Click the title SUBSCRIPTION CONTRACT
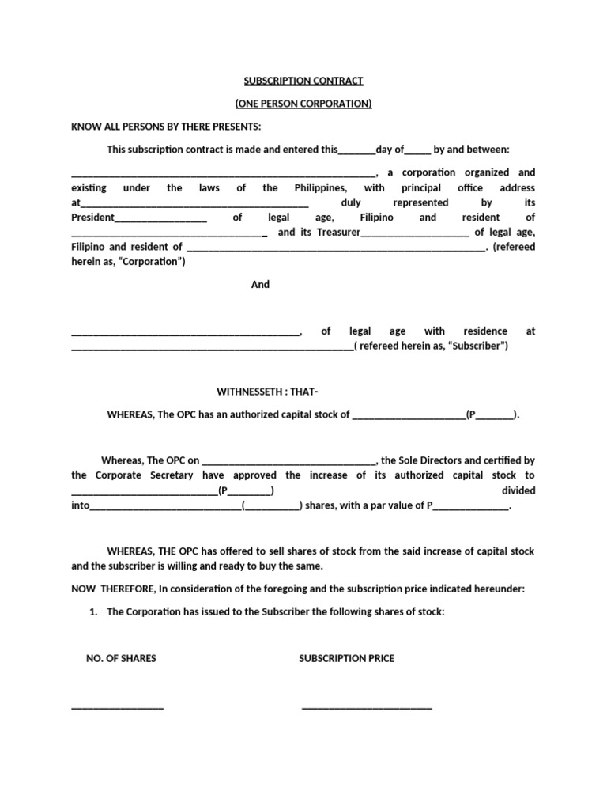point(303,81)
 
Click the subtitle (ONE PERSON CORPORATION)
point(303,104)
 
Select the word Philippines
point(320,187)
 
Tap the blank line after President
point(161,218)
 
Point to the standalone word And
point(260,284)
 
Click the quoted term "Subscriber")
point(477,346)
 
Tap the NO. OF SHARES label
point(121,658)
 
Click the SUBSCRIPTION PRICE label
point(346,658)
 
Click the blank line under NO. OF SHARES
point(118,706)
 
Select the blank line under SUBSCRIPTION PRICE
point(367,706)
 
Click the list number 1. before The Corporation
point(94,611)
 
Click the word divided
point(518,490)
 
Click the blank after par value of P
point(472,506)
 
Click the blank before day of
point(357,150)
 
